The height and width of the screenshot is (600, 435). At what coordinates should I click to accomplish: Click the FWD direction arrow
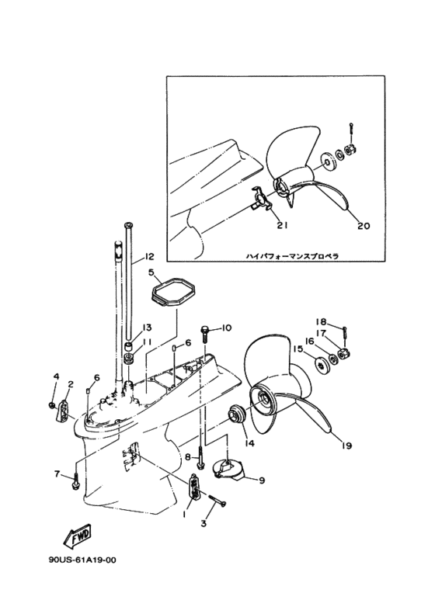tap(77, 536)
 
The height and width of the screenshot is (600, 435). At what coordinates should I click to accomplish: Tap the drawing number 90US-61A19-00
tap(82, 560)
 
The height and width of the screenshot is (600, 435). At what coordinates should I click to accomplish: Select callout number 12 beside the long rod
tap(149, 256)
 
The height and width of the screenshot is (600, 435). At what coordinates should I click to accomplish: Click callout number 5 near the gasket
tap(151, 272)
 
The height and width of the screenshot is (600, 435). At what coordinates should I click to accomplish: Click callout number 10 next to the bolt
tap(227, 328)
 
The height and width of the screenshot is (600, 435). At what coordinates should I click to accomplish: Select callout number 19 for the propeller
tap(347, 446)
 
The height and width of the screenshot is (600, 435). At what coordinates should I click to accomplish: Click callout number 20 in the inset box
tap(364, 226)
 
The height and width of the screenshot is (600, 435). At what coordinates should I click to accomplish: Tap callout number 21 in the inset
tap(282, 225)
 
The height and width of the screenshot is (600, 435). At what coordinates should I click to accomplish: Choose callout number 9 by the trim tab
tap(262, 480)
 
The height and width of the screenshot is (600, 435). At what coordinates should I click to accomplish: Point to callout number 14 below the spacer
tap(249, 443)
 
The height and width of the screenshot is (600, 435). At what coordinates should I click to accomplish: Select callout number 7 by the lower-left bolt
tap(57, 474)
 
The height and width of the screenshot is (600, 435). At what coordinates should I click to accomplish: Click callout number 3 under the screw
tap(204, 523)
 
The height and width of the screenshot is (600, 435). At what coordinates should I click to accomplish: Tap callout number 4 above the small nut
tap(56, 376)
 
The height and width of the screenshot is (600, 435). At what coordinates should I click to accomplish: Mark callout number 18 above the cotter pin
tap(321, 321)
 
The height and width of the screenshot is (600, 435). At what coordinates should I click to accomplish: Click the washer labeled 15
tap(321, 362)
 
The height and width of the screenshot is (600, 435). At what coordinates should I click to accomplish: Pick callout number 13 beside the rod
tap(147, 328)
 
